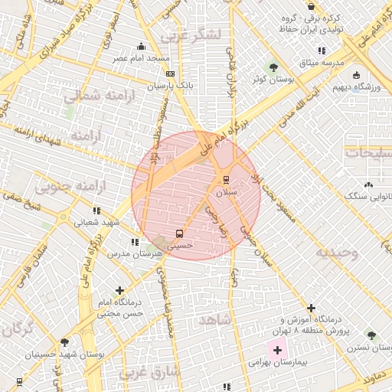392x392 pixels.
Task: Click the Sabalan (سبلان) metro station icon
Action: coord(225,179)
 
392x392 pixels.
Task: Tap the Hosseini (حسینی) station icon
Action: coord(179,233)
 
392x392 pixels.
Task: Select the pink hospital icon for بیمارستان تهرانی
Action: coord(277,349)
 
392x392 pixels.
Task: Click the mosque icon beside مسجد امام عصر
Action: coord(140,46)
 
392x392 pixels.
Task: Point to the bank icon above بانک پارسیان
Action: coord(170,73)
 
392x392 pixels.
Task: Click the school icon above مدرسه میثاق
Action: coord(322,51)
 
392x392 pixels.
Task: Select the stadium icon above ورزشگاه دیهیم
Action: coord(356,74)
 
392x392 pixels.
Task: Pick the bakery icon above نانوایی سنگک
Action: coord(368,185)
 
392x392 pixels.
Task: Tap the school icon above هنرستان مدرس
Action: coord(135,242)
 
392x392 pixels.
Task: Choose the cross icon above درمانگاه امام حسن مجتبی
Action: coord(119,291)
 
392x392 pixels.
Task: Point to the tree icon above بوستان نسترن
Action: coord(371,335)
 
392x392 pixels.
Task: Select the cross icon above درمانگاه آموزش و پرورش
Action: coord(311,307)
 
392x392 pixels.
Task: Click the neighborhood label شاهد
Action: coord(213,319)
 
